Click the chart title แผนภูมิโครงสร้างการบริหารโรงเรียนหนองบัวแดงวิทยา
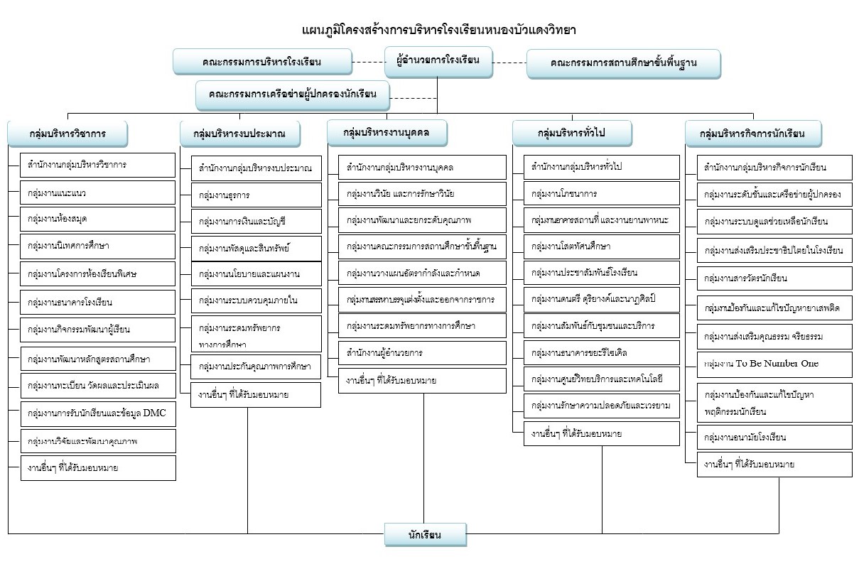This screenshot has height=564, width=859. pos(438,31)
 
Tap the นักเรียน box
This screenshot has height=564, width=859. pos(425,535)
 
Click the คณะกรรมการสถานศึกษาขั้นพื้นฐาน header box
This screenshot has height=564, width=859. pos(623,63)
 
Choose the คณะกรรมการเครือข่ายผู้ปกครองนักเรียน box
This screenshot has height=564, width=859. pos(293,94)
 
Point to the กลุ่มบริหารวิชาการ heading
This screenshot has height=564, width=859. pos(67,133)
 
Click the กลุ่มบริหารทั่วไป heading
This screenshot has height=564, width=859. pos(572,133)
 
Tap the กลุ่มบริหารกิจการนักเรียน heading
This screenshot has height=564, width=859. pos(754,133)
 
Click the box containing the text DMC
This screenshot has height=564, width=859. pos(97,413)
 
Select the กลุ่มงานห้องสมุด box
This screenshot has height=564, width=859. pos(97,219)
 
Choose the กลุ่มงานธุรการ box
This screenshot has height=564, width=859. pos(256,195)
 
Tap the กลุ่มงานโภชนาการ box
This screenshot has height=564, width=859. pos(602,192)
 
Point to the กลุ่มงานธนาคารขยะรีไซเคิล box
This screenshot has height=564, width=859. pos(602,352)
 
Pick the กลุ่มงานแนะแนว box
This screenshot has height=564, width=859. pos(97,192)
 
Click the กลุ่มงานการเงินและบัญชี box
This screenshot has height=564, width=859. pos(256,222)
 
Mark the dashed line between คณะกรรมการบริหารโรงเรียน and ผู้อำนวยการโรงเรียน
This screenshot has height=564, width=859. pos(369,62)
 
